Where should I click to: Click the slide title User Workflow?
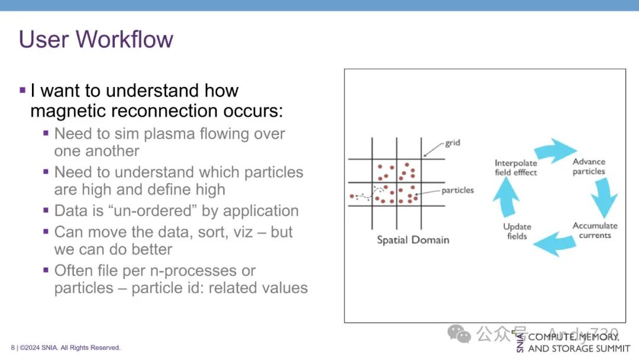[x=96, y=39]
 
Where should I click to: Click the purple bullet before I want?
[x=22, y=90]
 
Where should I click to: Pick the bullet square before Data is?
[x=46, y=210]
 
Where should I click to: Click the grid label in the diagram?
[x=453, y=143]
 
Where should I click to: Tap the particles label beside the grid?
[x=457, y=191]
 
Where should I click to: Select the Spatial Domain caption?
[x=413, y=240]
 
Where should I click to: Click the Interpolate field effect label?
[x=516, y=168]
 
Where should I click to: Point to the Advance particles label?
[x=589, y=166]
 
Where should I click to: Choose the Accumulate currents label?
[x=595, y=230]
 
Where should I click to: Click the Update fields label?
[x=517, y=231]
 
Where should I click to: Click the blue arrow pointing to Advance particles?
[x=555, y=150]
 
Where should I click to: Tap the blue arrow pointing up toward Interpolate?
[x=506, y=197]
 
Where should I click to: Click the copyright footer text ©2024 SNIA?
[x=70, y=348]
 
